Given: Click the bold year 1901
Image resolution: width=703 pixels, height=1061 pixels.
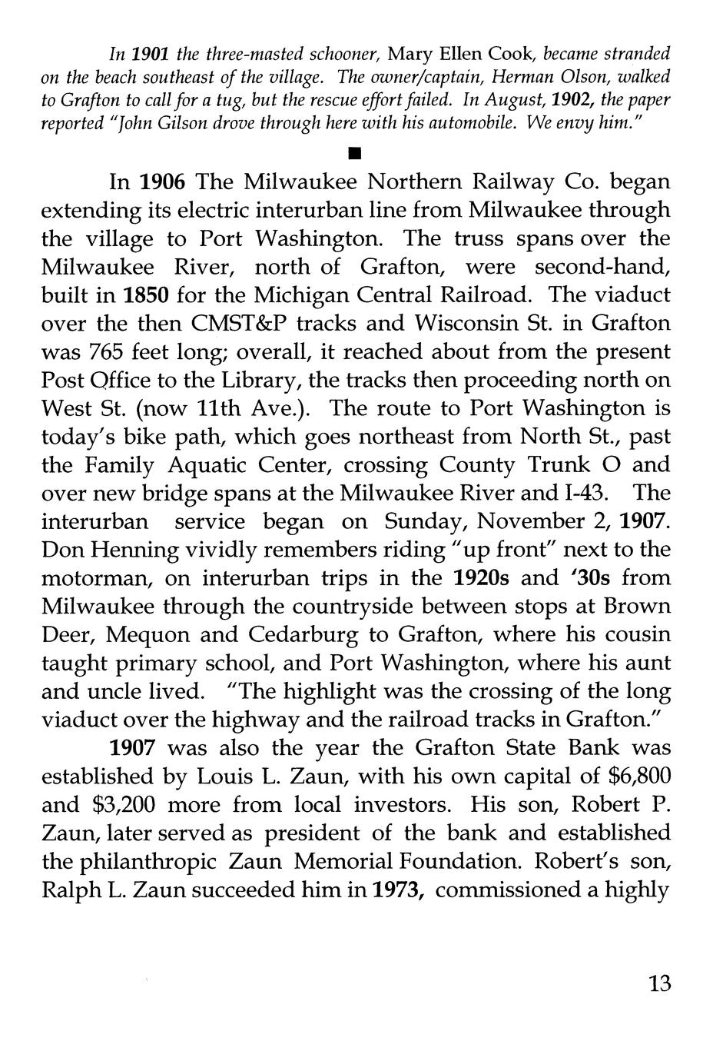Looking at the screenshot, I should pyautogui.click(x=151, y=55).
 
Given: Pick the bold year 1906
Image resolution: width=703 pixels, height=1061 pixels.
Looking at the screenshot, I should pyautogui.click(x=164, y=183).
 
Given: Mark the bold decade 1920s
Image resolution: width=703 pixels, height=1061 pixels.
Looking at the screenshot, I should pyautogui.click(x=482, y=579).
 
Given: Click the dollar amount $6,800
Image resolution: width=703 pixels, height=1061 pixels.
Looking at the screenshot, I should pyautogui.click(x=633, y=777).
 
